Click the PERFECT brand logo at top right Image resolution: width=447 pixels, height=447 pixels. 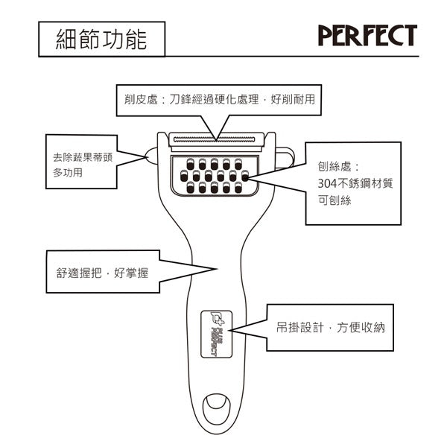point(367,35)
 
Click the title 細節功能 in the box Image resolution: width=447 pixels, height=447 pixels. point(101,39)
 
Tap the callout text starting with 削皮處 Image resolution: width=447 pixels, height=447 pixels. point(218,99)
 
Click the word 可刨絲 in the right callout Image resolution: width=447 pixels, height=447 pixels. point(329,201)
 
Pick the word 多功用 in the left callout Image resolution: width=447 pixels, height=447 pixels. point(67,173)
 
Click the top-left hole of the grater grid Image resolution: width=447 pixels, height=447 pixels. point(189,163)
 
